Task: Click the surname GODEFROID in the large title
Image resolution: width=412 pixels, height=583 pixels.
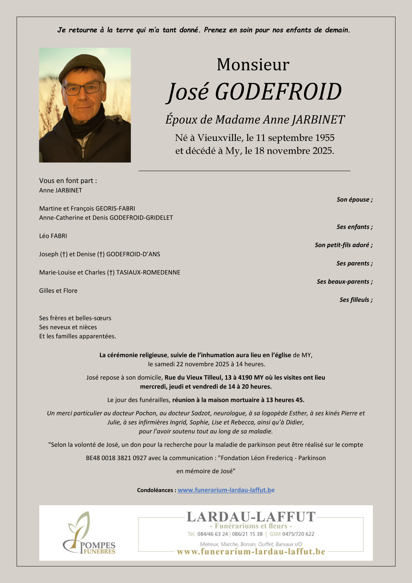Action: pyautogui.click(x=278, y=92)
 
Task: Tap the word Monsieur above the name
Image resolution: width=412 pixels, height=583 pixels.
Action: pyautogui.click(x=253, y=65)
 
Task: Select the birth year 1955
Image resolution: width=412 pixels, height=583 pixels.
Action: pyautogui.click(x=325, y=138)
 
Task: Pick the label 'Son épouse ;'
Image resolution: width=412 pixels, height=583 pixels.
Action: pyautogui.click(x=355, y=200)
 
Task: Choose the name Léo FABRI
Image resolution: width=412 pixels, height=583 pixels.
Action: pyautogui.click(x=53, y=236)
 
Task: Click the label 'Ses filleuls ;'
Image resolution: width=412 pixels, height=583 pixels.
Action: pyautogui.click(x=356, y=300)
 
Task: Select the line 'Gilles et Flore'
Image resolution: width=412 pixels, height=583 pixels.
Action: pyautogui.click(x=58, y=291)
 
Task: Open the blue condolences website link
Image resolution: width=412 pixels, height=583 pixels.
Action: pyautogui.click(x=226, y=490)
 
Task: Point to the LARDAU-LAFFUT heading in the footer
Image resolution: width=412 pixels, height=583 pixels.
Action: pyautogui.click(x=251, y=517)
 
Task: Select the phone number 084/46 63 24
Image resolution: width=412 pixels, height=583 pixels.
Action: pyautogui.click(x=212, y=534)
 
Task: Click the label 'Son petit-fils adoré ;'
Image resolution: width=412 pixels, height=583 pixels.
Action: pyautogui.click(x=344, y=245)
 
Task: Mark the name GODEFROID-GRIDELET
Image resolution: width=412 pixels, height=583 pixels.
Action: pyautogui.click(x=141, y=218)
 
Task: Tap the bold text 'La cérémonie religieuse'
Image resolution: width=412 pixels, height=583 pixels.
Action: pyautogui.click(x=133, y=355)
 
